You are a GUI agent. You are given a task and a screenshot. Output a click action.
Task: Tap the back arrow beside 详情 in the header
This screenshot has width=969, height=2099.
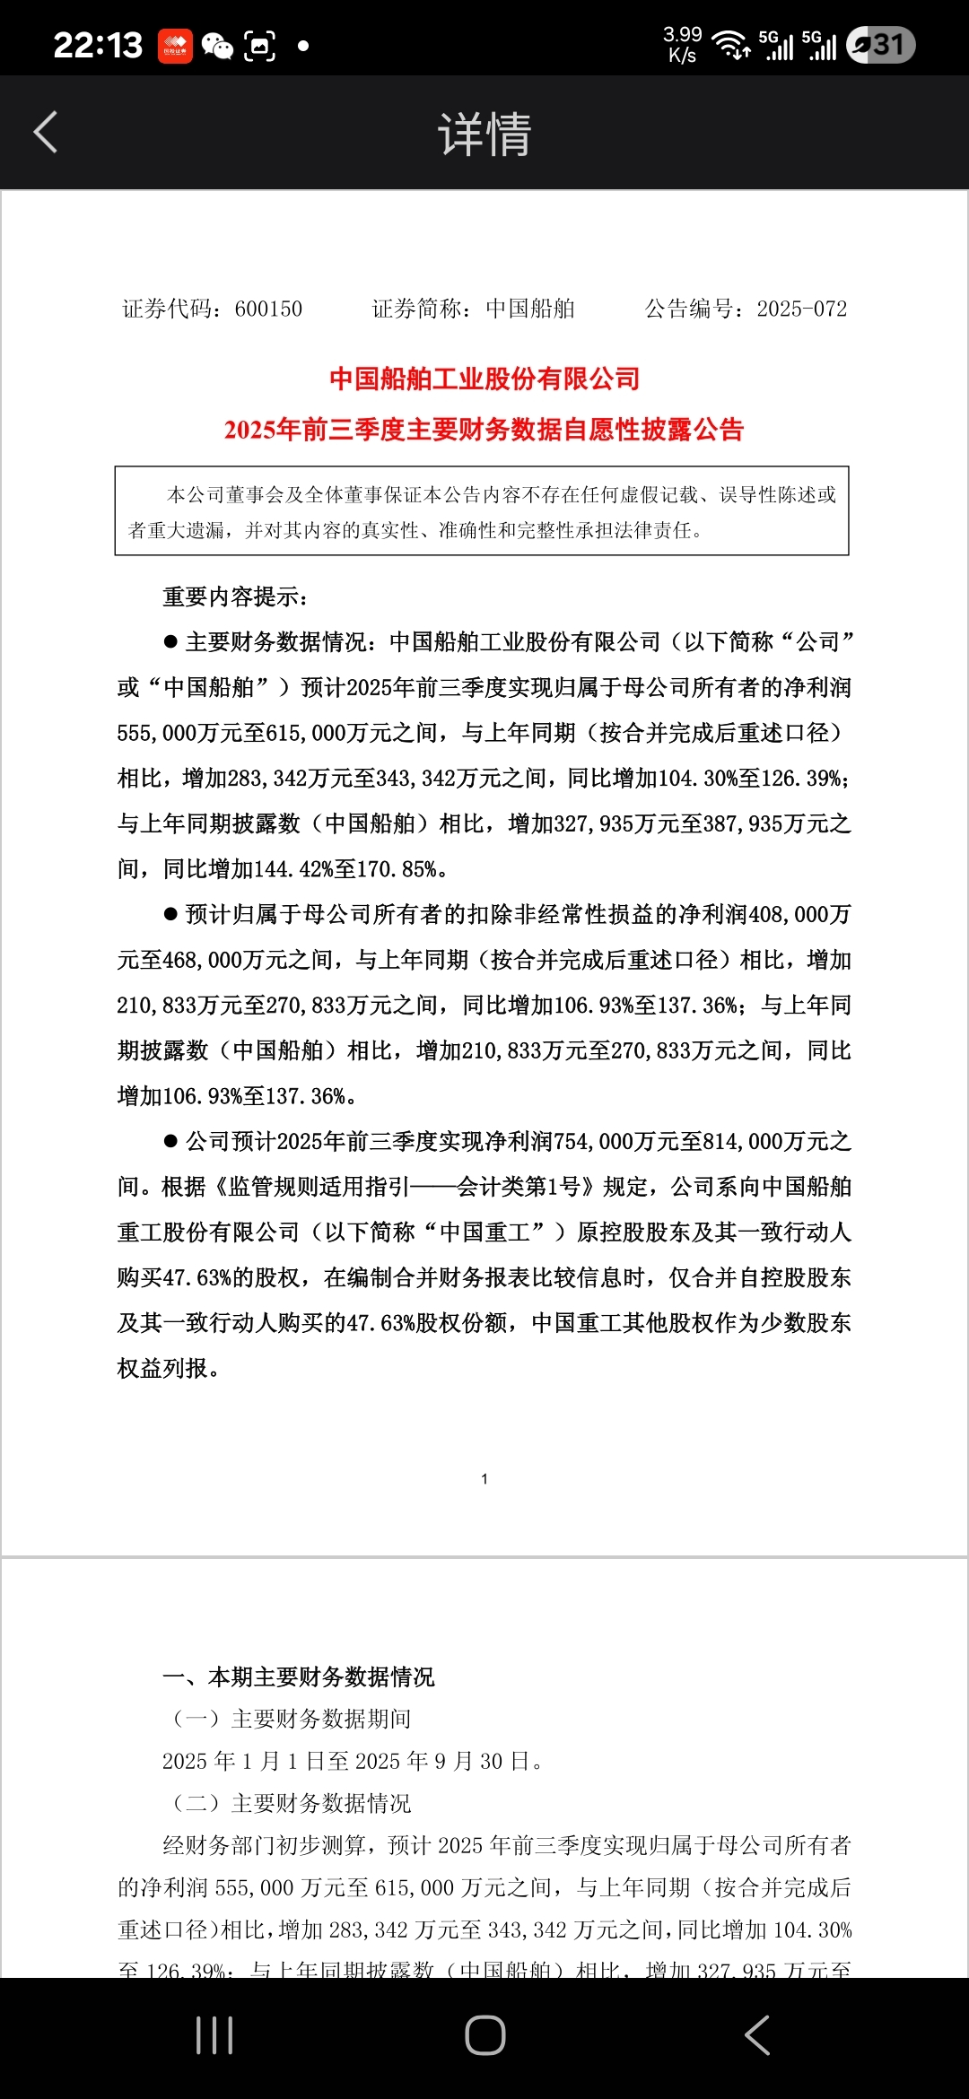click(46, 133)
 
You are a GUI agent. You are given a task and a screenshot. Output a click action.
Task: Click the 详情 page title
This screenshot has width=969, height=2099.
click(484, 135)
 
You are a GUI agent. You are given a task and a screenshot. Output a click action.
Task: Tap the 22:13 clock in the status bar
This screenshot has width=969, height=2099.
click(98, 45)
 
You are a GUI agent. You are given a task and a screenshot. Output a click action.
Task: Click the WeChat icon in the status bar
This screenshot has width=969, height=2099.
click(217, 46)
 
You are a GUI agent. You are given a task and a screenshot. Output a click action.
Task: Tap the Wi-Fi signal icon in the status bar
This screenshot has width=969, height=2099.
click(731, 45)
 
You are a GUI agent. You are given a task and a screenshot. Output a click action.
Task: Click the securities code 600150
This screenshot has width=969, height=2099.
click(268, 309)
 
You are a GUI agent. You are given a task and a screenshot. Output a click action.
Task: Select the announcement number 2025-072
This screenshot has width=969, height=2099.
click(801, 309)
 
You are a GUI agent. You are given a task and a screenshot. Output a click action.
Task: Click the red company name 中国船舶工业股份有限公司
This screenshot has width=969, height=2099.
click(484, 379)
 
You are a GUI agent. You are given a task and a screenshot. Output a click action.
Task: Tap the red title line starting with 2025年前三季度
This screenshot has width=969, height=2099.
click(484, 430)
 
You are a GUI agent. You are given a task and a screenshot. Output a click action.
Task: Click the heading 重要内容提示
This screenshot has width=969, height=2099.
click(235, 597)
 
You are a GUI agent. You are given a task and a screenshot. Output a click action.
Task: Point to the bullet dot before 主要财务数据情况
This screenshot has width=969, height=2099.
click(170, 642)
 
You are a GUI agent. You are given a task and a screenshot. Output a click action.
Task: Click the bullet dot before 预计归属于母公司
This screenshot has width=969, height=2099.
click(170, 915)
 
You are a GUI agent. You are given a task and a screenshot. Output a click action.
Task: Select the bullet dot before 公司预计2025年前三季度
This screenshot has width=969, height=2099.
click(170, 1142)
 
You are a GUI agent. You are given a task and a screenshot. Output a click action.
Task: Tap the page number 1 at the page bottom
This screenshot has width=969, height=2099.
click(484, 1479)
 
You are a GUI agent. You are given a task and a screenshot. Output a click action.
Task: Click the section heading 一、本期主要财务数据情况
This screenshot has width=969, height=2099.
click(298, 1677)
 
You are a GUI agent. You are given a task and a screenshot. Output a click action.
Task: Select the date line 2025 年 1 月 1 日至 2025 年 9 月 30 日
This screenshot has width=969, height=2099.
click(353, 1761)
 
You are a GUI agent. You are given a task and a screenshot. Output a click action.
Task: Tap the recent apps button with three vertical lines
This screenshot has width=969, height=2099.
click(214, 2035)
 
